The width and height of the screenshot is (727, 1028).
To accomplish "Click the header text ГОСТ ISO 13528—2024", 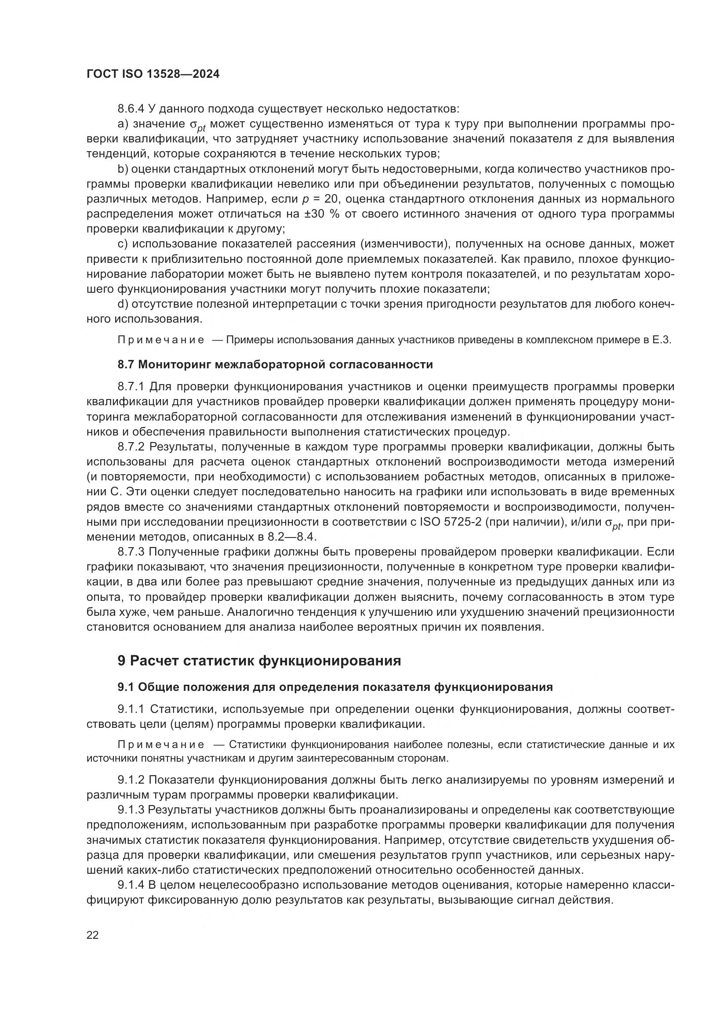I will (x=153, y=74).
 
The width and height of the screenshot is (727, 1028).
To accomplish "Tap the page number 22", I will (x=93, y=934).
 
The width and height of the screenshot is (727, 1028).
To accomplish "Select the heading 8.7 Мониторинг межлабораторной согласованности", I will (x=275, y=364).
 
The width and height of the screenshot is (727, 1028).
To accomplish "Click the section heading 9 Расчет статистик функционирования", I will (x=259, y=661).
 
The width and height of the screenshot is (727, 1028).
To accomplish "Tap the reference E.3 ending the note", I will (x=662, y=340).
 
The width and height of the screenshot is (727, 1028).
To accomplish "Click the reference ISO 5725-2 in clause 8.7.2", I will (x=451, y=522).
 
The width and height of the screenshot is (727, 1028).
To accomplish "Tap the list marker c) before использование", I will (x=123, y=244).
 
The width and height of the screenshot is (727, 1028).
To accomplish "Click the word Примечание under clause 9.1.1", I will (x=161, y=745).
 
